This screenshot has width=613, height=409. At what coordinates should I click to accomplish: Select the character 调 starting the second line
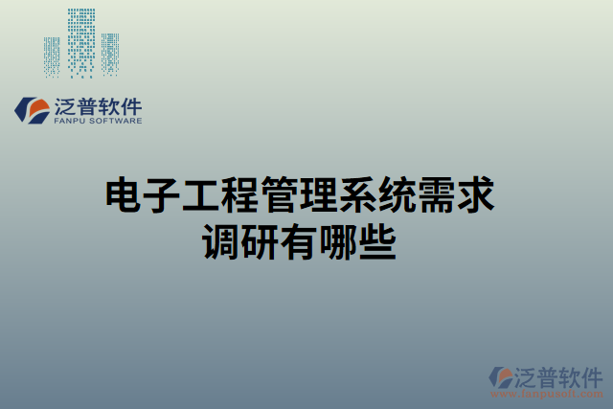(220, 239)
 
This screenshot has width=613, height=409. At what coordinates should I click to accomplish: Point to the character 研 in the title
(260, 239)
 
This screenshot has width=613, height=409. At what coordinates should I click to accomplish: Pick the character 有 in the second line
(299, 239)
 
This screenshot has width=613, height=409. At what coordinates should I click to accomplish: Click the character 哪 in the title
(338, 239)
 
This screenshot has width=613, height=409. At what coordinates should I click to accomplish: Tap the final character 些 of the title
(377, 239)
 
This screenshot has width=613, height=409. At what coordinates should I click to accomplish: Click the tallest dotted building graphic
(80, 43)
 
